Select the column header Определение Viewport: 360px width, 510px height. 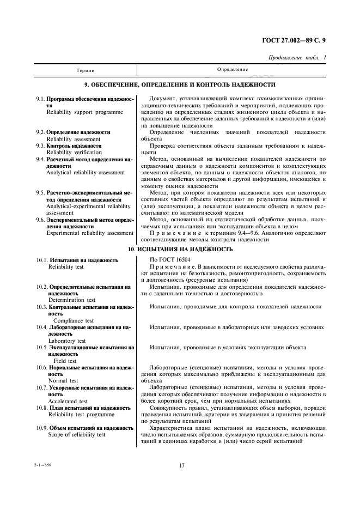(x=233, y=70)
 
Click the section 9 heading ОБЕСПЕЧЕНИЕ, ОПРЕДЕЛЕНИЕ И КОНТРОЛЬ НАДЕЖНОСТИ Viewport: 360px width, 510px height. (x=180, y=86)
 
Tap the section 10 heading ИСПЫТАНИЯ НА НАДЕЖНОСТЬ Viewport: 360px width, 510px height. (x=180, y=249)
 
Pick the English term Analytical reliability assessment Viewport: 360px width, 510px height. (x=85, y=172)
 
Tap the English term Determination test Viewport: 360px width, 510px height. (x=72, y=300)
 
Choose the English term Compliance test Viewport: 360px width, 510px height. (x=74, y=320)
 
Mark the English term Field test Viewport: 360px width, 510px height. (x=65, y=361)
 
